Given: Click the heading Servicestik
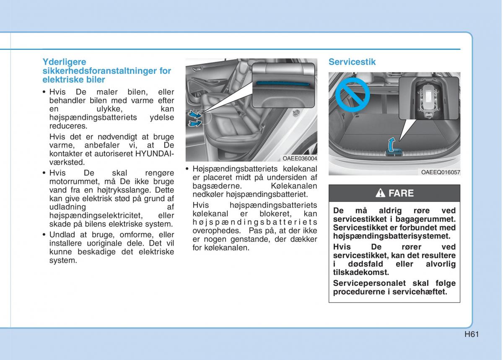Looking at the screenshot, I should (x=352, y=62).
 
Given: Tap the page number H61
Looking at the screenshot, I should (x=472, y=334).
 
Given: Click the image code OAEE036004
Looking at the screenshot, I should (x=300, y=158).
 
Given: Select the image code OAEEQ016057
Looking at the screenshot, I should (x=441, y=172).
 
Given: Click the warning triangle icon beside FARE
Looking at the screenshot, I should (x=380, y=193).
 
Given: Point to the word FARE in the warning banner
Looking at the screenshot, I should (x=401, y=193).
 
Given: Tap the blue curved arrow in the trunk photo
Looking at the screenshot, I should (x=391, y=145).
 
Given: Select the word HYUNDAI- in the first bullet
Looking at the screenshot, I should (x=155, y=153).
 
